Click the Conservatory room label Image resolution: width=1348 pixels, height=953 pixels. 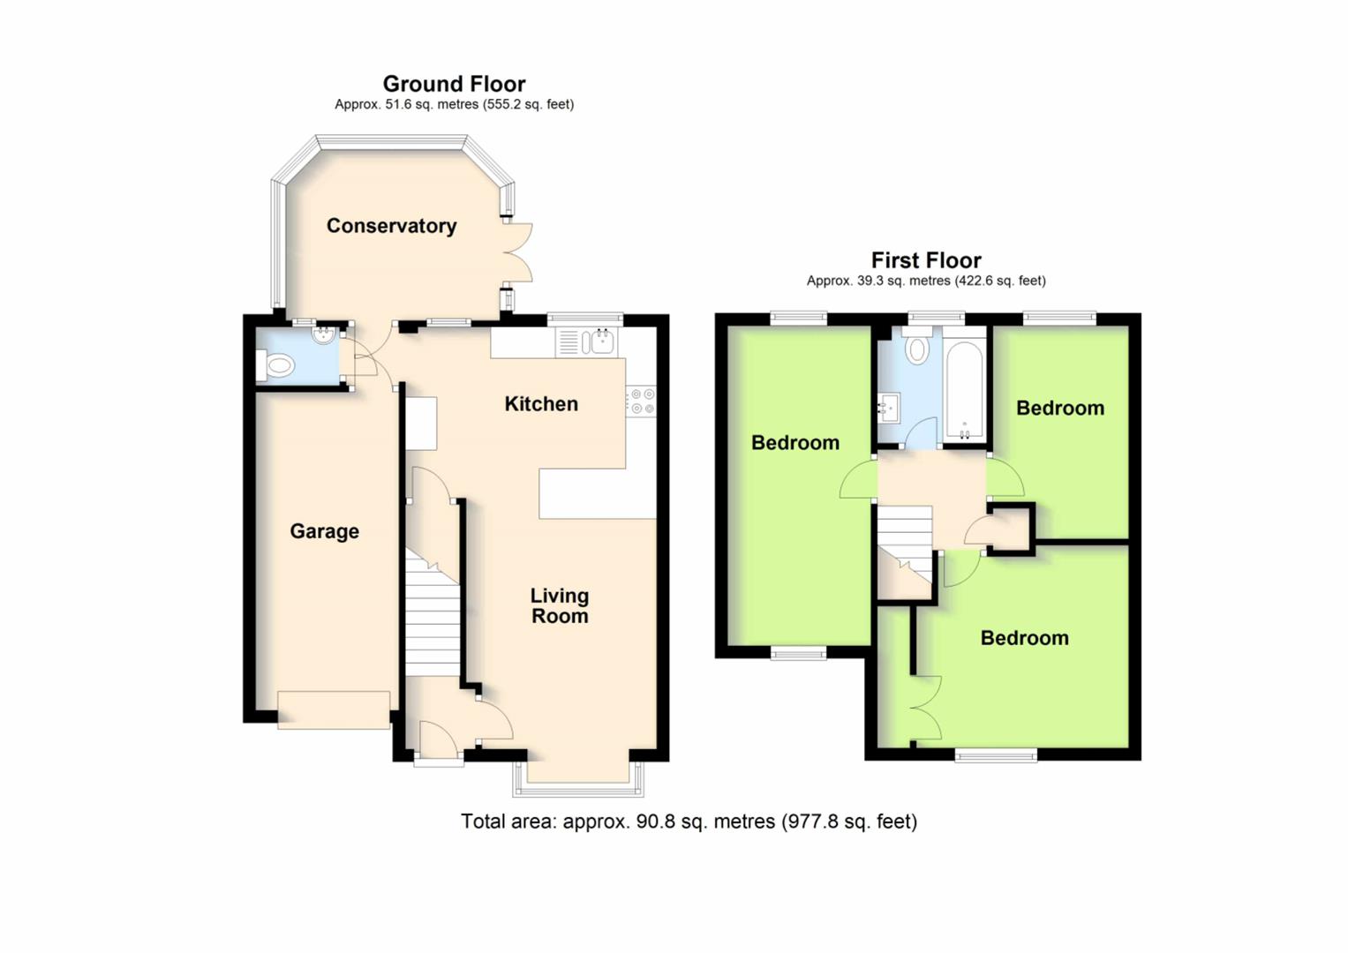click(391, 226)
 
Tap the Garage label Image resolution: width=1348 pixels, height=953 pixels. click(324, 531)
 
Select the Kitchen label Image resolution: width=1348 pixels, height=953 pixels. click(541, 404)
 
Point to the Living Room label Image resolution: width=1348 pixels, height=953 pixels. click(560, 606)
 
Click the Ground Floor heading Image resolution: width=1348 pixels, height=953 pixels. click(454, 84)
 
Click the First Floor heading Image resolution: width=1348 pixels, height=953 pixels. click(926, 260)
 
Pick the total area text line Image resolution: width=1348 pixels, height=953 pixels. click(689, 822)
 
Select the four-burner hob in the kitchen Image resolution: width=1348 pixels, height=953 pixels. click(642, 401)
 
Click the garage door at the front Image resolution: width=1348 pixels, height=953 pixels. click(334, 709)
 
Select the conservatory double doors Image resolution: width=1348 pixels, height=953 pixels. click(518, 252)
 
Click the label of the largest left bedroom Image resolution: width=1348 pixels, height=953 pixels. click(794, 443)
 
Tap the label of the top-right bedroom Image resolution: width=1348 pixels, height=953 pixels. click(1059, 408)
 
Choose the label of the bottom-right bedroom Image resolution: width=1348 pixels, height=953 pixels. click(1024, 638)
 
